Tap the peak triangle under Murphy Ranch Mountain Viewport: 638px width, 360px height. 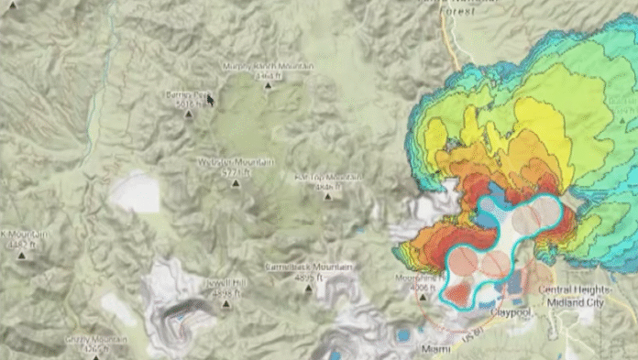[x=268, y=86]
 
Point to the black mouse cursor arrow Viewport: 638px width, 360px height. [x=210, y=98]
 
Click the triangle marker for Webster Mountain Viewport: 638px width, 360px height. [x=236, y=182]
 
